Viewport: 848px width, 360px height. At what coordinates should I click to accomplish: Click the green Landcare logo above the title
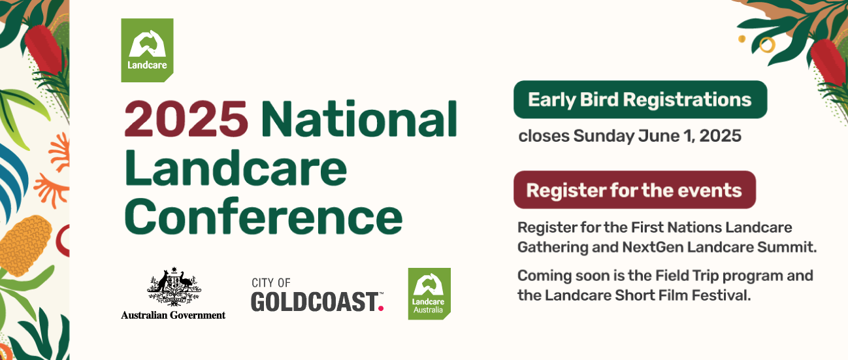147,50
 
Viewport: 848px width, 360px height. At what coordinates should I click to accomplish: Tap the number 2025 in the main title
186,120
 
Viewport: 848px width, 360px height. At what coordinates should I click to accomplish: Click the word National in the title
359,119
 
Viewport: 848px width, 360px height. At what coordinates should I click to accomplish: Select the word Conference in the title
263,216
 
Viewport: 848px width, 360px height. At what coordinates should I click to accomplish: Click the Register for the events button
634,189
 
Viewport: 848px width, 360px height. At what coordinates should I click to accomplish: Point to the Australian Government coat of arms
174,287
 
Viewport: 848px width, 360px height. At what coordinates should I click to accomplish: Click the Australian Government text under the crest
173,315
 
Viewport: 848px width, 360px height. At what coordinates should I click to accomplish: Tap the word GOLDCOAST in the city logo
314,302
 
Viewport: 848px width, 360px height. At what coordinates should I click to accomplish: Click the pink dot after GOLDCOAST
381,308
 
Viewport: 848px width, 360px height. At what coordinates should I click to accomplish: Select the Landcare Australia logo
429,294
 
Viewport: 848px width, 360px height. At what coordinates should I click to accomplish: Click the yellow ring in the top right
767,45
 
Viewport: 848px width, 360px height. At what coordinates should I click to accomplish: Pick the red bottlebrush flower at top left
44,49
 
